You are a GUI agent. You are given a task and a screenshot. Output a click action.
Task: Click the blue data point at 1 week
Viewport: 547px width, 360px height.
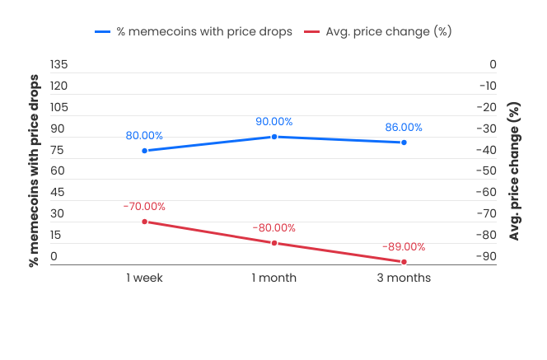pyautogui.click(x=145, y=151)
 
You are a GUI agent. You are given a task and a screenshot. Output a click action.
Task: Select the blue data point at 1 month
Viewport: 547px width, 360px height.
pyautogui.click(x=274, y=136)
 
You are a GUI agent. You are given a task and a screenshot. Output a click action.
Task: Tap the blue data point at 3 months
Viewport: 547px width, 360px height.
pyautogui.click(x=404, y=143)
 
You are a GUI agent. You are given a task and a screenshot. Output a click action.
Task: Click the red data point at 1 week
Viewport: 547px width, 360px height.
pyautogui.click(x=145, y=222)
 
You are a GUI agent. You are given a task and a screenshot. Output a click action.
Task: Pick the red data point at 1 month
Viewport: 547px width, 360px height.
pyautogui.click(x=274, y=243)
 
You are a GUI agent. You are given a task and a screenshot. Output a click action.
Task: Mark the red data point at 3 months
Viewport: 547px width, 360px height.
pyautogui.click(x=404, y=262)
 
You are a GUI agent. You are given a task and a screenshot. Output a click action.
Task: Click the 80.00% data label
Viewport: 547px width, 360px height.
pyautogui.click(x=144, y=135)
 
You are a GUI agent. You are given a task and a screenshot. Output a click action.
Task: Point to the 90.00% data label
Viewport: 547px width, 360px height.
pyautogui.click(x=274, y=121)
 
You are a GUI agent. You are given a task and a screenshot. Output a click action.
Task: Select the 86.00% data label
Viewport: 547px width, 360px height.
pyautogui.click(x=404, y=128)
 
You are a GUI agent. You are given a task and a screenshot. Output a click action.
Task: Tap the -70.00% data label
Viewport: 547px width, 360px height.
pyautogui.click(x=144, y=206)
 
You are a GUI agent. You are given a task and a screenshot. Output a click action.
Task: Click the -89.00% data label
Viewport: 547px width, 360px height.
pyautogui.click(x=404, y=246)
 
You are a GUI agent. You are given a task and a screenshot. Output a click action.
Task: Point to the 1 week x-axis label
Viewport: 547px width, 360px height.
pyautogui.click(x=144, y=278)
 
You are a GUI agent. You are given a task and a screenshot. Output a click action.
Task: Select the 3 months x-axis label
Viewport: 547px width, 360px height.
pyautogui.click(x=404, y=278)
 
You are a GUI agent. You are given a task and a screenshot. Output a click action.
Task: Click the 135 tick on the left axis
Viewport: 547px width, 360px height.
pyautogui.click(x=58, y=64)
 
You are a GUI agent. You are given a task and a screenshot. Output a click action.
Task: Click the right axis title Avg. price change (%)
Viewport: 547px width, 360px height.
pyautogui.click(x=515, y=171)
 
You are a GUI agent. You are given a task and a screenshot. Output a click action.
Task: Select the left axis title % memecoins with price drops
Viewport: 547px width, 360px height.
pyautogui.click(x=35, y=171)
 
